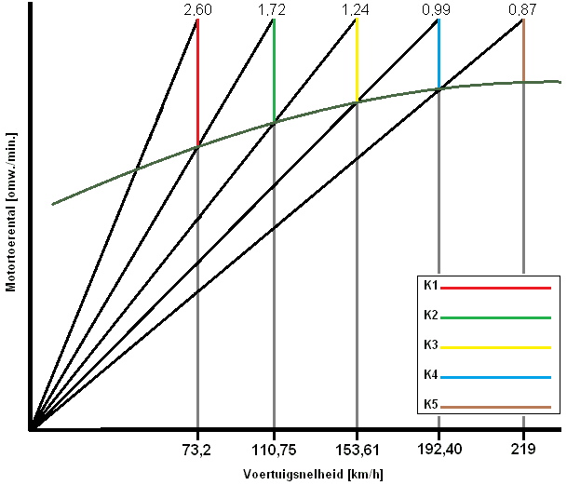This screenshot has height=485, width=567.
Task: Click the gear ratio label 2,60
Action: tap(198, 9)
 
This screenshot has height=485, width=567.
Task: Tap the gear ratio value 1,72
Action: tap(274, 9)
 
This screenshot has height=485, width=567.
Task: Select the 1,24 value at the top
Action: tap(357, 9)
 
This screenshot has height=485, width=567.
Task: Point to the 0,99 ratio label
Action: tap(439, 9)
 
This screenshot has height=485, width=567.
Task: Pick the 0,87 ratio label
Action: tap(523, 9)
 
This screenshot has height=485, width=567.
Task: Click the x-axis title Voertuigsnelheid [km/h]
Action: tap(313, 474)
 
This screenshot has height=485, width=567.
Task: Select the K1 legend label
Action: tap(430, 286)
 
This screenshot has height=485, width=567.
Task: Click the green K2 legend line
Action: tap(494, 318)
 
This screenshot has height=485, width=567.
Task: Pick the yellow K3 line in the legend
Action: tap(494, 347)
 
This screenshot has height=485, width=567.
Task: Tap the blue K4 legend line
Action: tap(494, 377)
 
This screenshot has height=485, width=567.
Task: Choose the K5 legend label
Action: tap(430, 405)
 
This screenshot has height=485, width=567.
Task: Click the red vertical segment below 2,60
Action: tap(197, 84)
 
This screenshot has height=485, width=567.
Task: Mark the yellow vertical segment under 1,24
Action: tap(357, 61)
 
